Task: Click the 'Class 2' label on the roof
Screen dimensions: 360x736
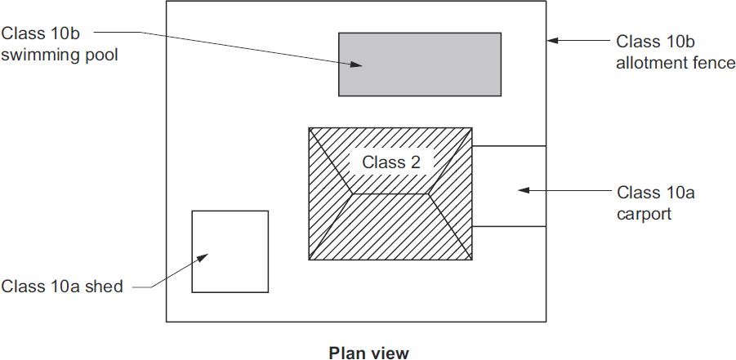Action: (390, 162)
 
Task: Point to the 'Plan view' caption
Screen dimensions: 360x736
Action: (368, 353)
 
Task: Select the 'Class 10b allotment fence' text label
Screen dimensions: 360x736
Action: (675, 52)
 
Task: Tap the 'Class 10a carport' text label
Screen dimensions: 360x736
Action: (655, 203)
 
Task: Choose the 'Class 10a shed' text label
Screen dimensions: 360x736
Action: (62, 286)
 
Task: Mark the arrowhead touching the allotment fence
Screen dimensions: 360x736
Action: (554, 40)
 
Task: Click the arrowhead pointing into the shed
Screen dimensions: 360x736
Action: (203, 257)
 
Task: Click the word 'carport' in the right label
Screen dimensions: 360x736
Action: (644, 214)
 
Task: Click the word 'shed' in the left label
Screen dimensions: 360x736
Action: (107, 286)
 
